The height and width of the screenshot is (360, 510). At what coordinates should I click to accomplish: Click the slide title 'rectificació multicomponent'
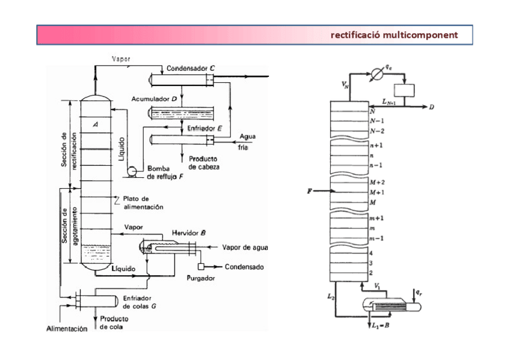[x=394, y=35]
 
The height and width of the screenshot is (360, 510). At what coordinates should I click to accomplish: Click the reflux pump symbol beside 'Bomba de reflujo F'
[x=130, y=171]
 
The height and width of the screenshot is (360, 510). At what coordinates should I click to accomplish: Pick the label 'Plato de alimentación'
[x=143, y=203]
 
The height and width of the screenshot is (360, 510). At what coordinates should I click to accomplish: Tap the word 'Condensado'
[x=244, y=267]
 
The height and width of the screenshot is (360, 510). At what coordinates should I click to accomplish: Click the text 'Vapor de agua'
[x=245, y=247]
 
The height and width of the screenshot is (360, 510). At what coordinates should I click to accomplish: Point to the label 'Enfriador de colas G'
[x=140, y=302]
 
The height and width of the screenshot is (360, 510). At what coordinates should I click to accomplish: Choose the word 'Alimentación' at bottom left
[x=67, y=329]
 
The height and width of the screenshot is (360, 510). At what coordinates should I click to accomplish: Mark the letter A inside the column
[x=96, y=124]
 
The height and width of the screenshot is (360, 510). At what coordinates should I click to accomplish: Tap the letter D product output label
[x=431, y=108]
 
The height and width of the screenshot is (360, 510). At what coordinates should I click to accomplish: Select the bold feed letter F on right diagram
[x=309, y=191]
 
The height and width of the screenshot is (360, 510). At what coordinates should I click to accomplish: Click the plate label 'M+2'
[x=377, y=182]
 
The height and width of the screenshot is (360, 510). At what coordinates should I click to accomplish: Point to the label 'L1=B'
[x=381, y=325]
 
